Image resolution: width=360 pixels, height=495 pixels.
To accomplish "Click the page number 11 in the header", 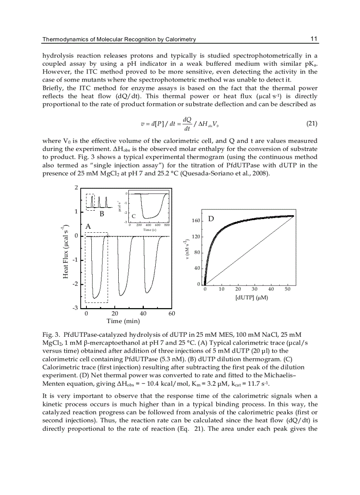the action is tap(314, 39).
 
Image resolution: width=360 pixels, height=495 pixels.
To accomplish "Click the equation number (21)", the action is tap(311, 124).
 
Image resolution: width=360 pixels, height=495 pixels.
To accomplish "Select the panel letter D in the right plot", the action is tap(211, 218).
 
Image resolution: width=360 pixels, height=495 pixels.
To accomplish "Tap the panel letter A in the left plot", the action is tap(88, 225).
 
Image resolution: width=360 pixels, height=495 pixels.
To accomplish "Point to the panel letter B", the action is tap(101, 215).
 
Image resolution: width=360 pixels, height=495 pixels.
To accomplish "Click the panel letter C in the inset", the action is tap(134, 216).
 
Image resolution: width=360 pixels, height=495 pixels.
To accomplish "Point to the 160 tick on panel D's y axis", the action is tap(196, 220).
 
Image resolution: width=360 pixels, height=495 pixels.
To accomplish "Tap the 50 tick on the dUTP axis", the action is tap(288, 290).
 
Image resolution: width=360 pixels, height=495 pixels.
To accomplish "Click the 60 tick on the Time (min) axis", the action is tap(172, 313).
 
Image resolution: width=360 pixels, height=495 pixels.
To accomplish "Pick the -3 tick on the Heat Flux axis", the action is tap(76, 308).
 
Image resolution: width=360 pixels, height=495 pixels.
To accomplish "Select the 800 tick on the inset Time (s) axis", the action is tap(167, 225).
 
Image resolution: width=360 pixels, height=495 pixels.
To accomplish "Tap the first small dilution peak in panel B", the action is tap(92, 201).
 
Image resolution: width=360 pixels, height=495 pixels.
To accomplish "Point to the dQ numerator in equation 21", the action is tap(187, 119).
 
